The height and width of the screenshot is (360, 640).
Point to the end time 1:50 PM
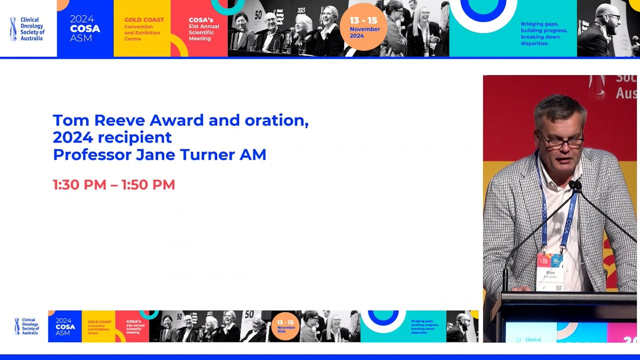(148, 184)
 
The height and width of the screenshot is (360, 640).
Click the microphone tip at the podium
(574, 185)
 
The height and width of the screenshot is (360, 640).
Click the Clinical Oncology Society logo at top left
(28, 28)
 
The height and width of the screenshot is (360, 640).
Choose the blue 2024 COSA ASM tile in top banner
(85, 28)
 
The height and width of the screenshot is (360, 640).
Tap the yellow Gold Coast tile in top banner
(142, 28)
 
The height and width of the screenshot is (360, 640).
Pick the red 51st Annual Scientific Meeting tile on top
(199, 28)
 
